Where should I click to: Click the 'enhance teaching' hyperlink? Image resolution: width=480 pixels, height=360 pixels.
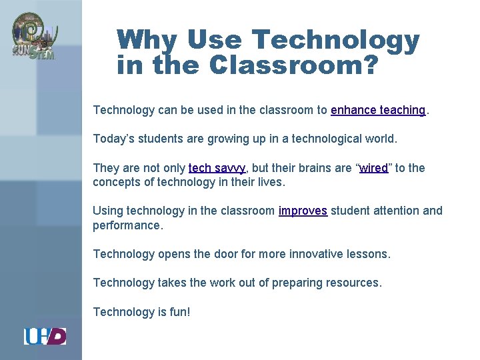click(377, 110)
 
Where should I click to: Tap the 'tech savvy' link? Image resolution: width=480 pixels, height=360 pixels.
click(217, 168)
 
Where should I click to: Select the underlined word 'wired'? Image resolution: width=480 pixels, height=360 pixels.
click(373, 168)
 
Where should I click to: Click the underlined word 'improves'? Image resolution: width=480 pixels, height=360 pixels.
click(303, 211)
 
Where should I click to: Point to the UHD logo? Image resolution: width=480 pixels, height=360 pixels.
click(45, 336)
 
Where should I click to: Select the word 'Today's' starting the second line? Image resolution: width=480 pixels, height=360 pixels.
click(114, 139)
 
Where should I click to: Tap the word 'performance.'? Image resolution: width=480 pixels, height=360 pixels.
click(127, 225)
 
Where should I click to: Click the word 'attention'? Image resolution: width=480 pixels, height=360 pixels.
click(396, 211)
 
